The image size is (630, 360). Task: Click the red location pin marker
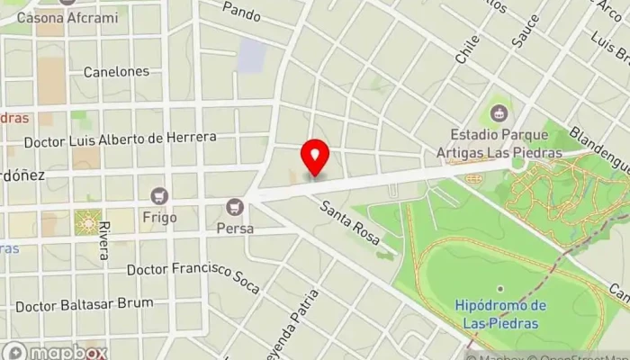315,157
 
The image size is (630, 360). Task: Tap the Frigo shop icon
160,195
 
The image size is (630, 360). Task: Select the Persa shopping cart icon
235,206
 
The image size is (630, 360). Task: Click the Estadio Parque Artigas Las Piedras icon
497,113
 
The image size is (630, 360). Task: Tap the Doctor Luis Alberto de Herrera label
120,139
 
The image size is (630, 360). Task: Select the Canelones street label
115,71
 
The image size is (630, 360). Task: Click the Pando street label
241,11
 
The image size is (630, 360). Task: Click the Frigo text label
160,217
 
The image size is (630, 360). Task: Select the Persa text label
235,229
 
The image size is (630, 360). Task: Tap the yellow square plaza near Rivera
88,221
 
